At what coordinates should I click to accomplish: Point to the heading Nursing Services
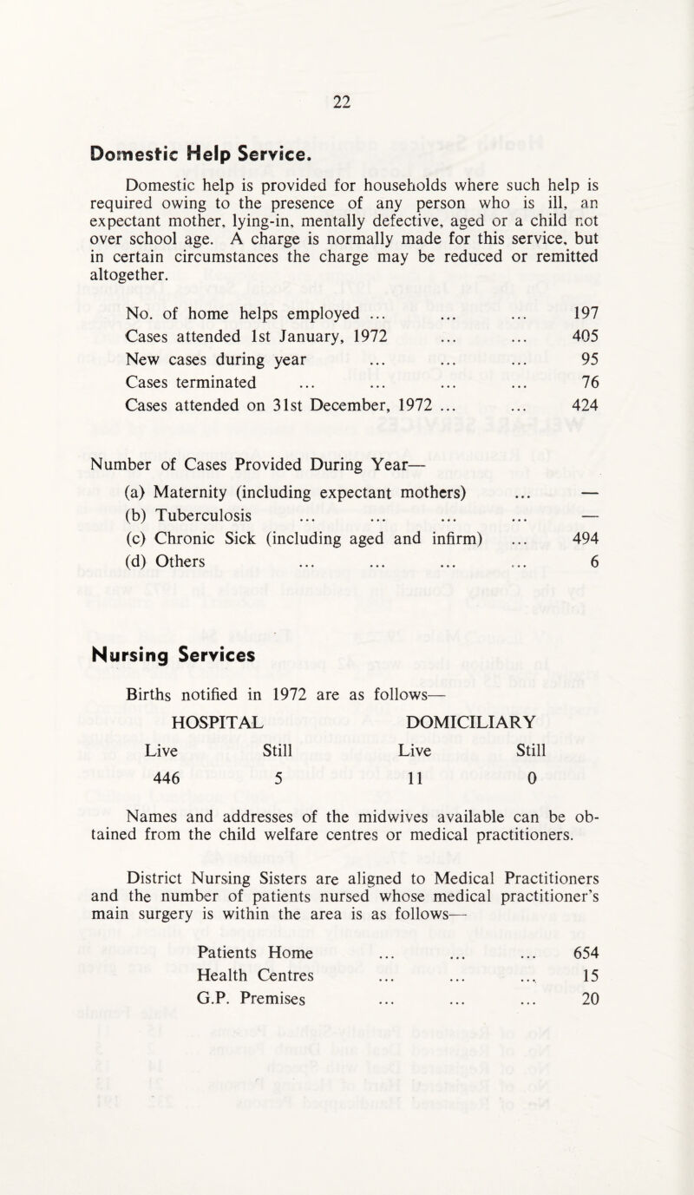pos(164,631)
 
